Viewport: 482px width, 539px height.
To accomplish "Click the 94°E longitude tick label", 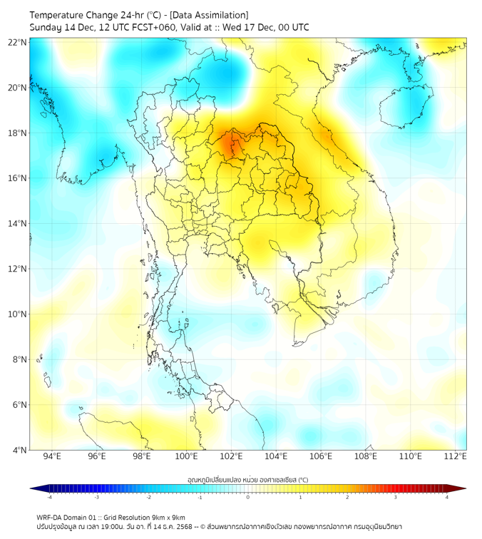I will point(52,456).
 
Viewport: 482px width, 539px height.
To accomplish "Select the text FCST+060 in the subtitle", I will point(156,27).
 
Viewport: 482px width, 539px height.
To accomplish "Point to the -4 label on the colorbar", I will point(49,497).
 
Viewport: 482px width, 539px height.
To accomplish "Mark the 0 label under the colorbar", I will point(248,497).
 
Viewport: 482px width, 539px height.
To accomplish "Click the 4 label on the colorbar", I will point(447,497).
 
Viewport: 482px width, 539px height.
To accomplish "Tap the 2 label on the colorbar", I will point(347,497).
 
